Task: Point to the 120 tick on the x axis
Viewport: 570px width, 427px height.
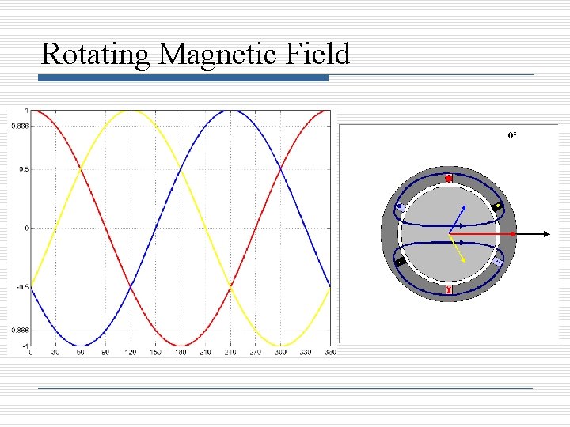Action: click(130, 352)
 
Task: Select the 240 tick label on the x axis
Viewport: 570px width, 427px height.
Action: click(230, 352)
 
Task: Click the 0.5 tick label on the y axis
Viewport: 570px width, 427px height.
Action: click(25, 169)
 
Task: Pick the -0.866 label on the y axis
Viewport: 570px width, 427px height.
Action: click(20, 331)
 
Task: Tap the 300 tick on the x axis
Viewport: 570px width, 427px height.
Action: click(280, 352)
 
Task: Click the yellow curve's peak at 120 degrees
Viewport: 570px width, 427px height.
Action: click(130, 111)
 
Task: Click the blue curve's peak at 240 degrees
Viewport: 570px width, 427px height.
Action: click(230, 111)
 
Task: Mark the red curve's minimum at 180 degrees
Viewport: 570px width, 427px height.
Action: click(180, 346)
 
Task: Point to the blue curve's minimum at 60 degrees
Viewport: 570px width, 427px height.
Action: click(80, 346)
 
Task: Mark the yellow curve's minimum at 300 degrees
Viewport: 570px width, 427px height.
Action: click(280, 346)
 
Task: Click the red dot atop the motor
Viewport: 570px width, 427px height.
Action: click(449, 179)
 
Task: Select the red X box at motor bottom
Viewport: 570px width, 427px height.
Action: click(449, 290)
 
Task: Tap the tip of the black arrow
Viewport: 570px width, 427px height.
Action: click(549, 234)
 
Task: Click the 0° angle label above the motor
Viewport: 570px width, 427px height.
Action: click(511, 135)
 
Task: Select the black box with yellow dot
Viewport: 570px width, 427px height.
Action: click(497, 206)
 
